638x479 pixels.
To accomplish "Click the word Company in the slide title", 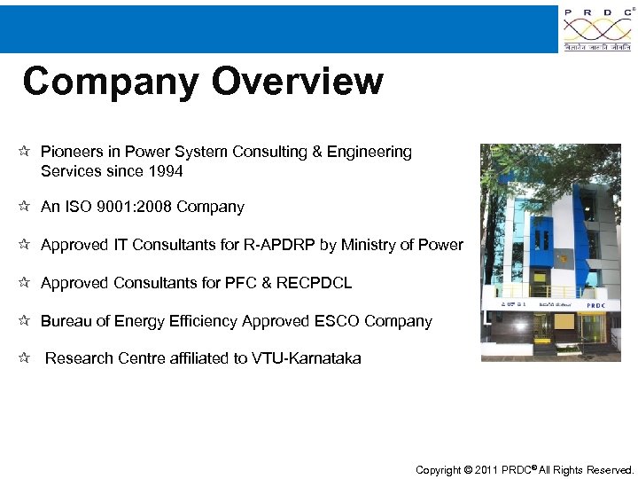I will pos(111,82).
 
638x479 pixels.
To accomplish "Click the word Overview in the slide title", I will pos(298,82).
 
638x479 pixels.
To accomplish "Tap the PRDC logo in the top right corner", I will pos(598,29).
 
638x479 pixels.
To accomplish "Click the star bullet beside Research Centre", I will pos(25,358).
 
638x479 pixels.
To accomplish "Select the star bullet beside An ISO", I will pos(25,207).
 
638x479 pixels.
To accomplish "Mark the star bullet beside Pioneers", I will pos(25,152).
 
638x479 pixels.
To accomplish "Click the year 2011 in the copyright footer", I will pos(486,470).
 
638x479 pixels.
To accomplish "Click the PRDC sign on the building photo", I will pos(595,304).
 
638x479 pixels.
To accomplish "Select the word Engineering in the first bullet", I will pos(370,152).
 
